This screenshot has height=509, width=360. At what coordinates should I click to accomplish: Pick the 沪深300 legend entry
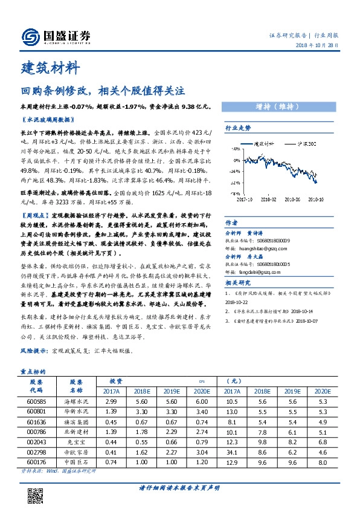coord(306,144)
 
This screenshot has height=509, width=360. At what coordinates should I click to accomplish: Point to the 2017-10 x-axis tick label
coord(243,198)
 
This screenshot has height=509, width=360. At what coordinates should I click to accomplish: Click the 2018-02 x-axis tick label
coord(268,198)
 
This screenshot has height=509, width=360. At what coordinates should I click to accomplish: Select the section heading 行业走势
coord(237,128)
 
